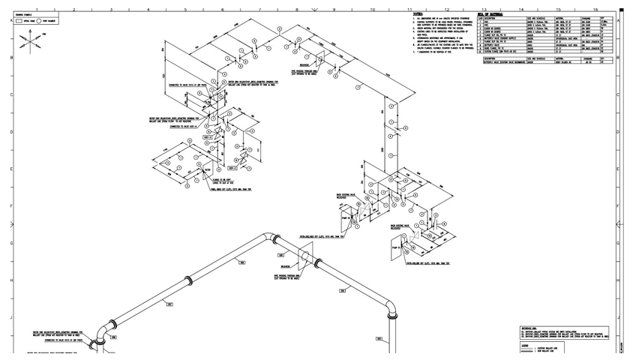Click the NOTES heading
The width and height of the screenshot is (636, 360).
tap(417, 14)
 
